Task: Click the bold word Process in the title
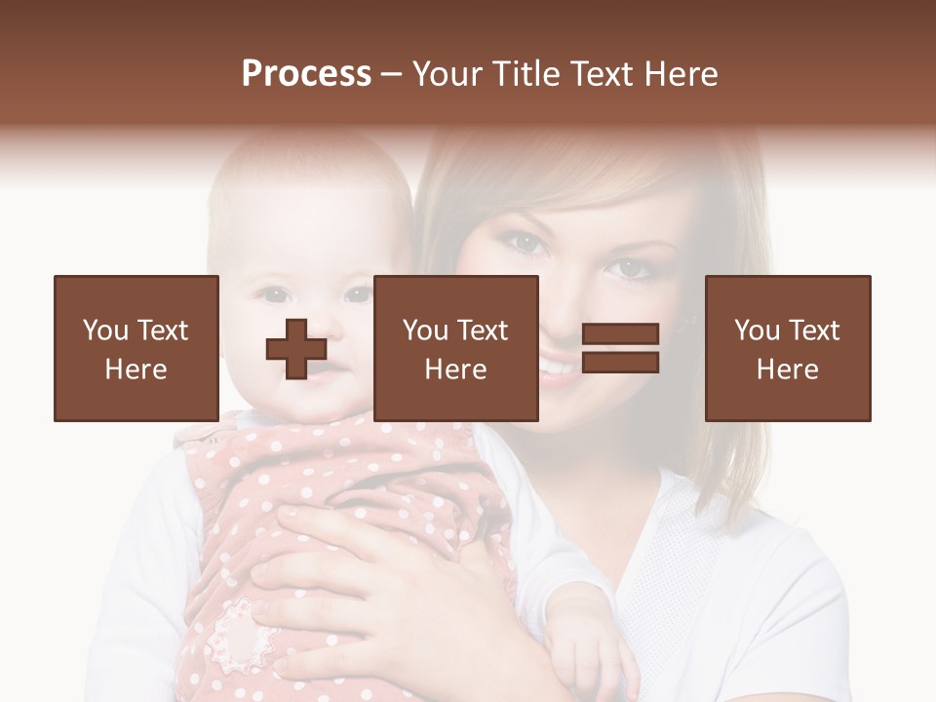click(306, 74)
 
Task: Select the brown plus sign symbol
click(296, 349)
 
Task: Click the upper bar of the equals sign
click(620, 335)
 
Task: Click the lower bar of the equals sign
click(620, 363)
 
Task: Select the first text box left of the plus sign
click(136, 348)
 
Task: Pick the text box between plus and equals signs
click(455, 348)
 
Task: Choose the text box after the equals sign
click(787, 348)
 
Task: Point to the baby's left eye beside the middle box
click(357, 293)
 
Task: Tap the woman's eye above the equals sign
click(631, 266)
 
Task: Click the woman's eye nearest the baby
click(527, 243)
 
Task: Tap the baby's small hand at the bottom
click(585, 653)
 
